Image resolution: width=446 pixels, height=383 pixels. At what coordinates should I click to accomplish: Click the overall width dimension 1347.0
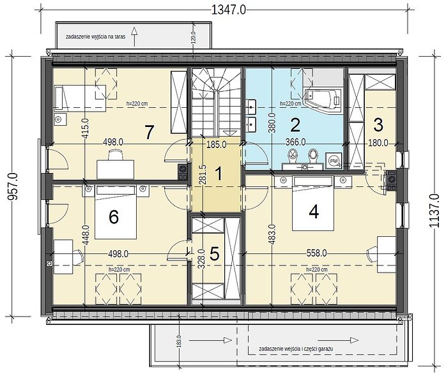[x=229, y=10]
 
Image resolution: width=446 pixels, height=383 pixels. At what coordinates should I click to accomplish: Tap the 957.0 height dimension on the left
[x=13, y=186]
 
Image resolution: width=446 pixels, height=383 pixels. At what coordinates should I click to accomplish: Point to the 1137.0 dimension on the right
[x=434, y=210]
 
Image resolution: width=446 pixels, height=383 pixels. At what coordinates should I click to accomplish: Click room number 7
[x=149, y=132]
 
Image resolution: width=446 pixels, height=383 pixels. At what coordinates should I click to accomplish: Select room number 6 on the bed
[x=114, y=218]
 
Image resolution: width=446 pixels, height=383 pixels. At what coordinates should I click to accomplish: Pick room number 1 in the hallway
[x=219, y=174]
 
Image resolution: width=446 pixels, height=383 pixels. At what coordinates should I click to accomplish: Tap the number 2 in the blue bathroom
[x=295, y=125]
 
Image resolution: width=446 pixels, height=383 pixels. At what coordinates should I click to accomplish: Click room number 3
[x=378, y=125]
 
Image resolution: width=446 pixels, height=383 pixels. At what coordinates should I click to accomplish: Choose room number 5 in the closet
[x=215, y=253]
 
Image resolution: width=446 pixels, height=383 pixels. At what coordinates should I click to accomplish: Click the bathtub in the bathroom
[x=323, y=98]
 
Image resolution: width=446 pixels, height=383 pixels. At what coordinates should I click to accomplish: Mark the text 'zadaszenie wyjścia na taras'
[x=96, y=36]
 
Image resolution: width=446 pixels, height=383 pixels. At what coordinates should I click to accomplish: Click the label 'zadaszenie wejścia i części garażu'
[x=296, y=349]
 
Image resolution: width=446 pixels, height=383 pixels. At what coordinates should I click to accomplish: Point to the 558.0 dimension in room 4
[x=316, y=253]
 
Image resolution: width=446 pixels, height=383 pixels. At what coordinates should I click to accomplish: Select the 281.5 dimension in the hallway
[x=203, y=175]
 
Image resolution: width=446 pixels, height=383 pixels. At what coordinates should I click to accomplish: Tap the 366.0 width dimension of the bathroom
[x=296, y=142]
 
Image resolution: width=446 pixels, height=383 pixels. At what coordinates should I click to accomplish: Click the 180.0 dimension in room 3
[x=378, y=143]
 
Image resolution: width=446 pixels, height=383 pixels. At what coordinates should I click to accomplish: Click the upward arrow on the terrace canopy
[x=135, y=36]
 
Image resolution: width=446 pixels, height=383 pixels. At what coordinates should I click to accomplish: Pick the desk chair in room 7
[x=116, y=155]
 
